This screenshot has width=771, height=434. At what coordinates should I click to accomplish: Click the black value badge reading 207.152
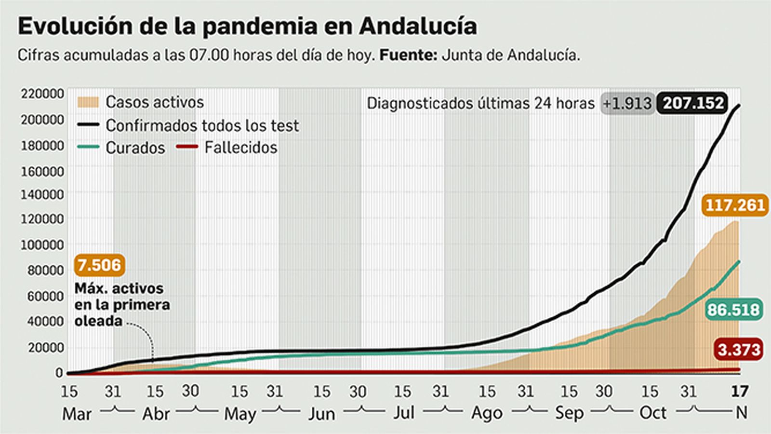[693, 103]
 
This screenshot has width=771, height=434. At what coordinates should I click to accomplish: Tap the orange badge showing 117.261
[735, 205]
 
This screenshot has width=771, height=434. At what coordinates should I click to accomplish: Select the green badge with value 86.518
[733, 310]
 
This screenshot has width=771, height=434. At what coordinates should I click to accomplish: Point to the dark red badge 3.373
[739, 349]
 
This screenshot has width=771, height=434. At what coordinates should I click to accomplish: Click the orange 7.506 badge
[99, 265]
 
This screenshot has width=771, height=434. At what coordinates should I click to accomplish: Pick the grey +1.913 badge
[627, 104]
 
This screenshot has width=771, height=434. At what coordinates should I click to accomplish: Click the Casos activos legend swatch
[88, 102]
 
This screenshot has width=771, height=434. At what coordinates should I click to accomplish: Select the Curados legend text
[135, 148]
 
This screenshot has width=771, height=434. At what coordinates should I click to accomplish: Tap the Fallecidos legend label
[240, 148]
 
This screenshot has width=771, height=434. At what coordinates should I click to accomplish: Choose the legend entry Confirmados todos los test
[202, 126]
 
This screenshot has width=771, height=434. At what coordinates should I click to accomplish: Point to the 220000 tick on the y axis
[42, 94]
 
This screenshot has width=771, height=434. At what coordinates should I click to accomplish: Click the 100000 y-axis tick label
[42, 245]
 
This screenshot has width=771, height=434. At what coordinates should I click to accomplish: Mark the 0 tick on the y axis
[59, 372]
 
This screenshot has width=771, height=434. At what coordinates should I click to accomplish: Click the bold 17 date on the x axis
[739, 391]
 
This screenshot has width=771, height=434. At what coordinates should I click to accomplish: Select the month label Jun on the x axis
[321, 414]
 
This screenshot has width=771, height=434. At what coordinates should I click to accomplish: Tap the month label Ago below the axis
[487, 414]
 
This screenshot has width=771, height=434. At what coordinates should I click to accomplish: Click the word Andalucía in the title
[418, 26]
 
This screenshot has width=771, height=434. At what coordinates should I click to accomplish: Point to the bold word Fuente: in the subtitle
[408, 55]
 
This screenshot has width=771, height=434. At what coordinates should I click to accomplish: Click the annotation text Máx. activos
[119, 288]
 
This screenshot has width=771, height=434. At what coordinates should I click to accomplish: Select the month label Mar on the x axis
[77, 414]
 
